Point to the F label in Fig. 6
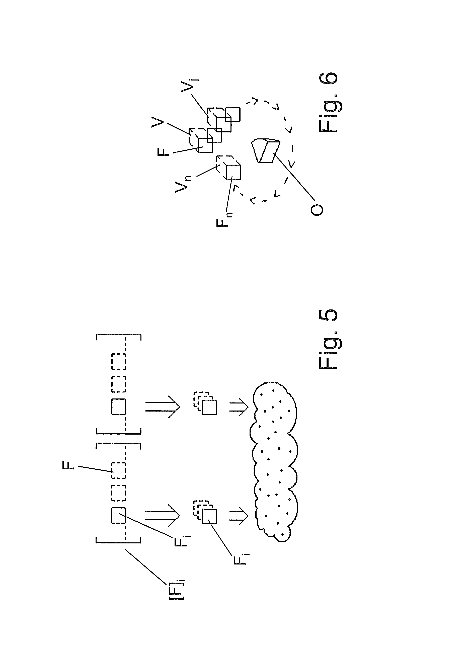click(x=164, y=151)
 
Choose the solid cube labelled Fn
click(x=233, y=172)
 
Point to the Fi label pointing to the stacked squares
click(x=240, y=557)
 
